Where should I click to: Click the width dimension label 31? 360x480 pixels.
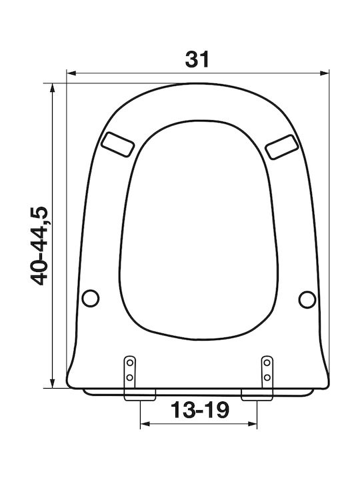coord(197,59)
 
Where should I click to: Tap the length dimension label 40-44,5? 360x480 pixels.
coord(39,246)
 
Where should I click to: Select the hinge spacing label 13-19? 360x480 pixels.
coord(199,410)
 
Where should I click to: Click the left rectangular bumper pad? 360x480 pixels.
coord(118,145)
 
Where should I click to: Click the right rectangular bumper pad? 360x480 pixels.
coord(281,147)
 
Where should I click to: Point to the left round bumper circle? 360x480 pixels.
coord(91,298)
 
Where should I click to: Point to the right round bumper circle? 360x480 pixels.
coord(307,299)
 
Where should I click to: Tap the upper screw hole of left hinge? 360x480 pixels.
coord(130,363)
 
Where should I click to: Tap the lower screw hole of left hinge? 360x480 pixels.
coord(130,377)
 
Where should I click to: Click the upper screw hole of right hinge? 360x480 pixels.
coord(267,363)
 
